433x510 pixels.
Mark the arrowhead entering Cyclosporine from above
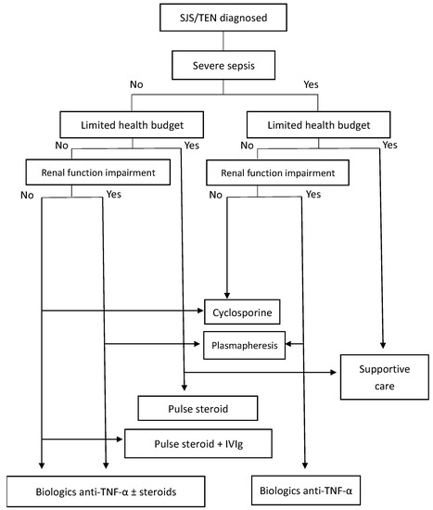[x=227, y=294]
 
